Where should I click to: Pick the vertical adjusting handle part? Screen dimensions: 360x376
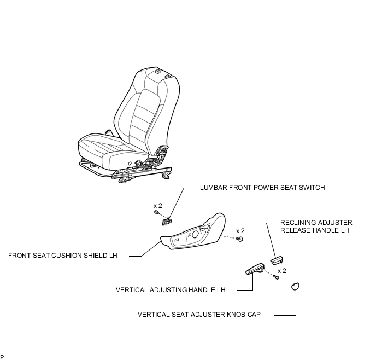click(x=255, y=268)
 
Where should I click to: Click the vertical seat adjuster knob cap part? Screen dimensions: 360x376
click(x=295, y=286)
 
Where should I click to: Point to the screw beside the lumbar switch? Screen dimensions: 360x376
click(x=156, y=212)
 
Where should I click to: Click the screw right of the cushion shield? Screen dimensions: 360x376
click(x=240, y=239)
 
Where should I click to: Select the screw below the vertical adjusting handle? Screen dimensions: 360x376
click(x=277, y=278)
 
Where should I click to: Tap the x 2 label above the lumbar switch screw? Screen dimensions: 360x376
click(x=158, y=205)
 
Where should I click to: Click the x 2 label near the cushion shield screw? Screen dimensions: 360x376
click(x=240, y=231)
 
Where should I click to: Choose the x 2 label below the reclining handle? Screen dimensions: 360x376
click(x=282, y=270)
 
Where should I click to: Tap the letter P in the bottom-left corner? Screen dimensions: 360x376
click(x=2, y=357)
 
